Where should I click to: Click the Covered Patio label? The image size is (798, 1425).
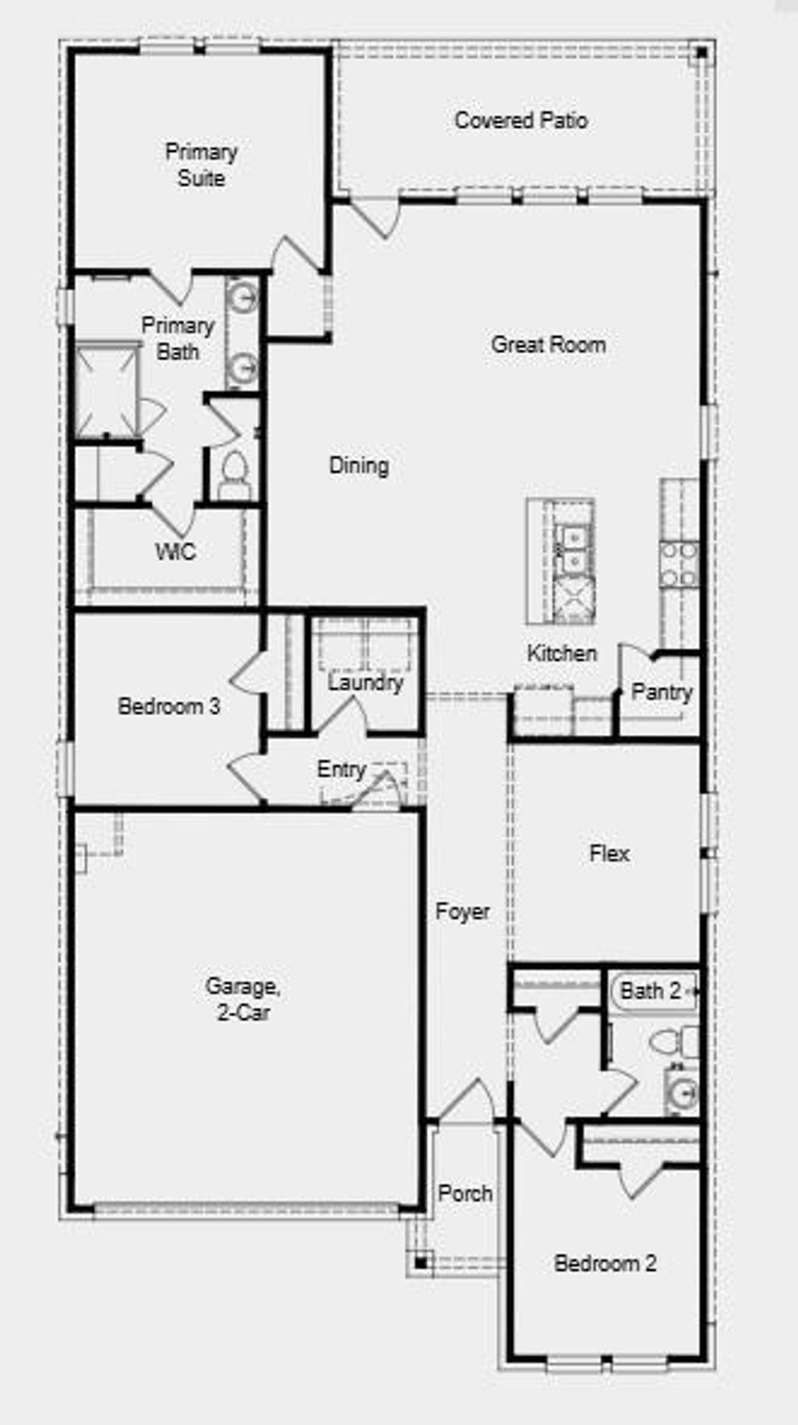pos(521,121)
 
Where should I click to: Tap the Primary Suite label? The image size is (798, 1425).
pos(201,164)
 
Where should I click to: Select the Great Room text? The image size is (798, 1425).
pos(548,345)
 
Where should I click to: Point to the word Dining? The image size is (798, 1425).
pos(358,465)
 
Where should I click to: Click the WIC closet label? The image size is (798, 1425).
pos(175,552)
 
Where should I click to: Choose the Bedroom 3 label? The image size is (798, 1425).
pos(168,706)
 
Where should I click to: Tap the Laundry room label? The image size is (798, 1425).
pos(365,683)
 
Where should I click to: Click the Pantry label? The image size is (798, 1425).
pos(661,692)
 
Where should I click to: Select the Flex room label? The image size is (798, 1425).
pos(609,854)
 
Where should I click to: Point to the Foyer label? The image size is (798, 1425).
pos(462,911)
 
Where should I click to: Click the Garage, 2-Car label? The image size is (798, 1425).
pos(242,999)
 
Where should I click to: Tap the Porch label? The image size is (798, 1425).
pos(464,1193)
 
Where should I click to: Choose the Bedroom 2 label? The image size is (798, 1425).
pos(605,1263)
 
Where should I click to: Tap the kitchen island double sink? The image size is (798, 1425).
pos(572,548)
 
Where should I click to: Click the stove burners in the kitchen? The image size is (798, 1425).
pos(678,564)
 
